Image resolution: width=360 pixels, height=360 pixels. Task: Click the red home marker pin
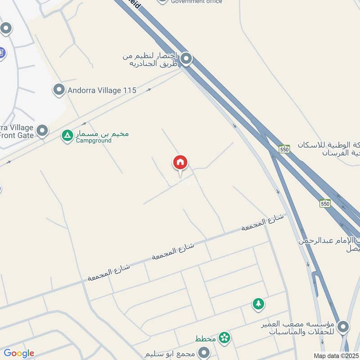[180, 163]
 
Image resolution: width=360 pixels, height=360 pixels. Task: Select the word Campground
[93, 140]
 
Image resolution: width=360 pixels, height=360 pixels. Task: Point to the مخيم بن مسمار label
[102, 134]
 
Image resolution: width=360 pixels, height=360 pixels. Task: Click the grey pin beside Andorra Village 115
[58, 90]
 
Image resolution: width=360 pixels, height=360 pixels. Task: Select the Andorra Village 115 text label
[101, 90]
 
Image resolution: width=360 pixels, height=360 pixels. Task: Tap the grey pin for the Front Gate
[42, 131]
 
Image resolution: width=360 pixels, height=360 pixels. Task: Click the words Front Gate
[17, 135]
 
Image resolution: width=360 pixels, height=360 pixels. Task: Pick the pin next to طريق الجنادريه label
[186, 59]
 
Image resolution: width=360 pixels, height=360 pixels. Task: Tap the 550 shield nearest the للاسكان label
[284, 149]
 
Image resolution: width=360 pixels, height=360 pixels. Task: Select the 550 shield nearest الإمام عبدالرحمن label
[325, 203]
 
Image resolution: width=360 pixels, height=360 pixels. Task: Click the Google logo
[19, 353]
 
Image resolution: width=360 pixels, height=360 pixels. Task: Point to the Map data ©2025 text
[336, 355]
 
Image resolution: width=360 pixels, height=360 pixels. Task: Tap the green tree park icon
[258, 304]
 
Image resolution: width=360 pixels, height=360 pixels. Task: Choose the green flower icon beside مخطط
[224, 337]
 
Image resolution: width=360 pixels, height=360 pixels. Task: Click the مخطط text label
[206, 338]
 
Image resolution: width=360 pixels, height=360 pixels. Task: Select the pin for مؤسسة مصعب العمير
[343, 327]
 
